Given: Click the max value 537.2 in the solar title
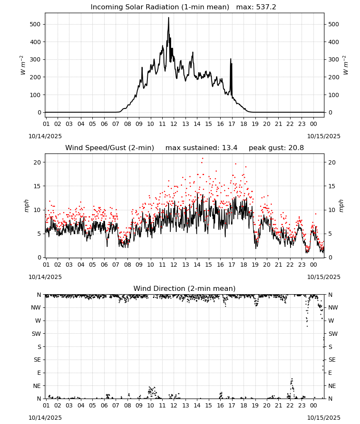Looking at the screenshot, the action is (266, 7).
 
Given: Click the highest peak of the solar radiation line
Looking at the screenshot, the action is (169, 17).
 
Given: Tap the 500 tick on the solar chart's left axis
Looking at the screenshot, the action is (35, 24).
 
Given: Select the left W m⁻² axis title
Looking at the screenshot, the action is (23, 65).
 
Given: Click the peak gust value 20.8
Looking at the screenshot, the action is (296, 148).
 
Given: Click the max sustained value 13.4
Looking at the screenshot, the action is (230, 148).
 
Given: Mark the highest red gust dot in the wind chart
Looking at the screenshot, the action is (202, 158).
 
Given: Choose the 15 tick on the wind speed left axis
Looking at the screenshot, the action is (37, 186).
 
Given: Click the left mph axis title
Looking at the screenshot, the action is (26, 206).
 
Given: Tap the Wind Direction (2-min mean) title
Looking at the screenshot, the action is (185, 288).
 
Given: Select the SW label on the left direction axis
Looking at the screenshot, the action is (36, 334).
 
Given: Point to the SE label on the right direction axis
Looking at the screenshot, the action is (332, 360).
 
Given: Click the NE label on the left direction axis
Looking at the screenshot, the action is (37, 386).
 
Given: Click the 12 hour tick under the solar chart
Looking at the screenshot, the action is (174, 124).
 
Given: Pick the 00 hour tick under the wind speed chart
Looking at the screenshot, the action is (313, 265).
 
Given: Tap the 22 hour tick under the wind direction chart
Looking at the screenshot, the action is (290, 406).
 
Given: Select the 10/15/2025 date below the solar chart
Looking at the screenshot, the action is (324, 136).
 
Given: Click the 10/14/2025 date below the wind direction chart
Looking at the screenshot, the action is (45, 418).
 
